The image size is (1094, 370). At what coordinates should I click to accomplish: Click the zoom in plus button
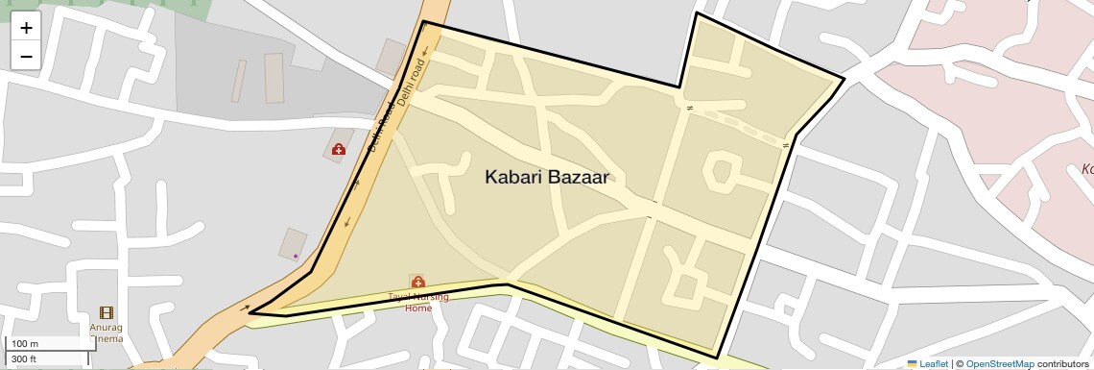[26, 28]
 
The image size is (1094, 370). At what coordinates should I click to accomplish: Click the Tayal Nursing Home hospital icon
[418, 282]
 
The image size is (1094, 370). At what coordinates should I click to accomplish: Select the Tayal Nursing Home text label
[418, 303]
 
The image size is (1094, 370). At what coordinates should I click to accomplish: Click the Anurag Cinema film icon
[106, 312]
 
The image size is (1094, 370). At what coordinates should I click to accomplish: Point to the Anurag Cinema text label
[107, 332]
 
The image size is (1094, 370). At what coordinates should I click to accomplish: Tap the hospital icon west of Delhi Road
[339, 149]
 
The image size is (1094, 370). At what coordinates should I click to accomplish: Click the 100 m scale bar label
[25, 344]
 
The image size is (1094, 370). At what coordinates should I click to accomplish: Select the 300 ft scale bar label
[24, 359]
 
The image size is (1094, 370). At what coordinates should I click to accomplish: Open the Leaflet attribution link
[934, 363]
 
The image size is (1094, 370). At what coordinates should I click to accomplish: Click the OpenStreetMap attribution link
[999, 363]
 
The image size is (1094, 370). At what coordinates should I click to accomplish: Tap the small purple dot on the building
[296, 256]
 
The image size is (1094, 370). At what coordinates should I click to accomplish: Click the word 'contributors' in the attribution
[1062, 363]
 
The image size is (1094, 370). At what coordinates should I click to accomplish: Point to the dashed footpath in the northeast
[739, 125]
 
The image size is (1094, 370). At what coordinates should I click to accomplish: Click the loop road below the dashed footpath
[720, 171]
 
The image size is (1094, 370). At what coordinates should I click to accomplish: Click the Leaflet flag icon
[912, 363]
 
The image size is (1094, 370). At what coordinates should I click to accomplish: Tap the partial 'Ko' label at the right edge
[1087, 169]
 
